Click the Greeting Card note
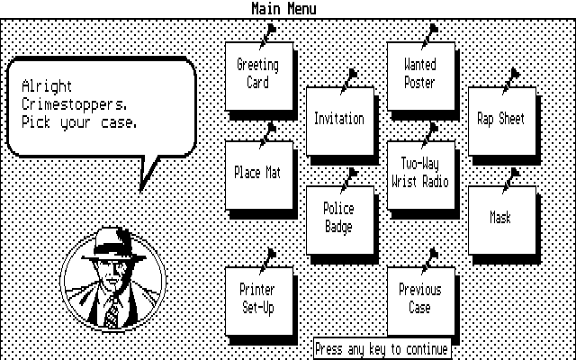tap(257, 76)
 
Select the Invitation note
tap(339, 120)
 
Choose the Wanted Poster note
tap(420, 76)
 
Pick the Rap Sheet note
tap(501, 120)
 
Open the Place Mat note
tap(257, 174)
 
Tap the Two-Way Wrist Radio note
tap(420, 174)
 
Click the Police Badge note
tap(339, 219)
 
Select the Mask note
tap(501, 219)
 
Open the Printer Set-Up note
tap(257, 300)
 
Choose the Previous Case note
tap(420, 300)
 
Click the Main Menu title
tap(284, 9)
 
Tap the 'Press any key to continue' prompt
tap(382, 349)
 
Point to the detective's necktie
tap(112, 313)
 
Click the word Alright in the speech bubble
tap(47, 87)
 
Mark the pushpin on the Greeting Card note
tap(267, 34)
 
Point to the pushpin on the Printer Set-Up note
tap(267, 259)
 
